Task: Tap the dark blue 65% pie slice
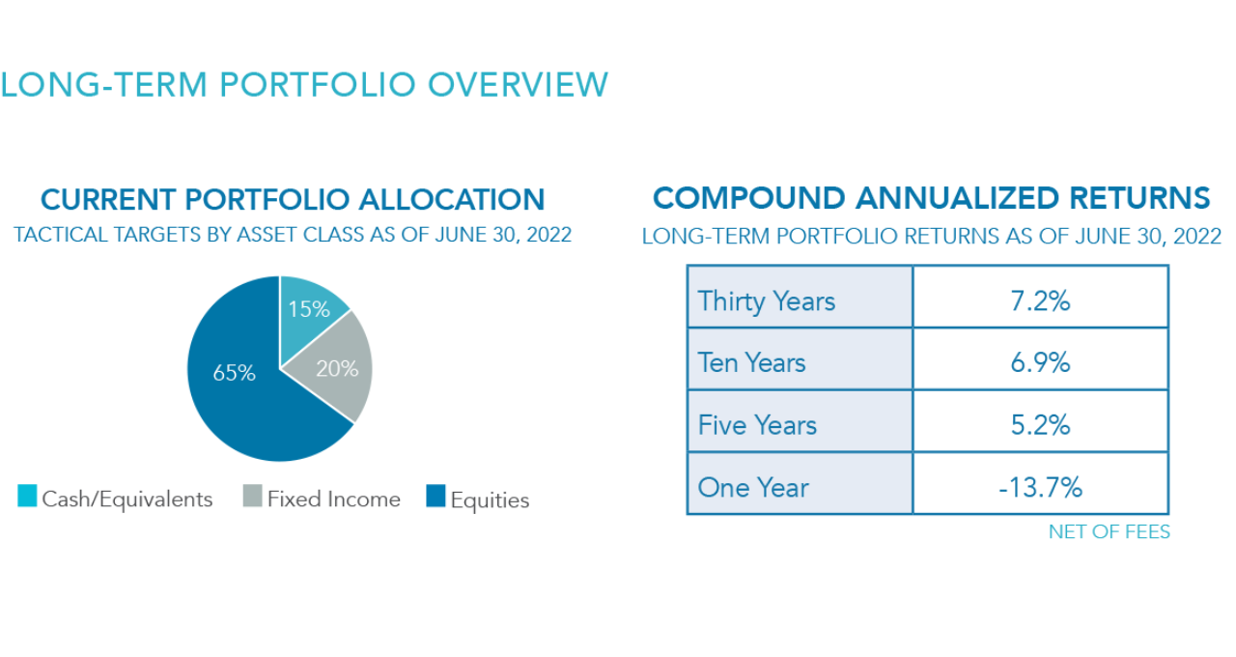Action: [242, 386]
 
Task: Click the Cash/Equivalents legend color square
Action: [27, 496]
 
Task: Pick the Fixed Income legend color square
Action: [252, 496]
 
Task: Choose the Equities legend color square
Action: [435, 496]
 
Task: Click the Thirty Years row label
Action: [767, 301]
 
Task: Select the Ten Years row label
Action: [751, 362]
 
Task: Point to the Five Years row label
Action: [757, 425]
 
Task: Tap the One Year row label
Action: [753, 488]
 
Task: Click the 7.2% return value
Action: [1040, 301]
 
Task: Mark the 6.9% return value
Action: [1040, 362]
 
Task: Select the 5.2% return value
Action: [1040, 425]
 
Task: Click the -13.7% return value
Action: [1040, 488]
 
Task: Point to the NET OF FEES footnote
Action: [1110, 531]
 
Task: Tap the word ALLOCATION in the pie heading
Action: [451, 199]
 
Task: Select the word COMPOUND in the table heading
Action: [748, 198]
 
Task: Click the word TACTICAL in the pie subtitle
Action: [60, 235]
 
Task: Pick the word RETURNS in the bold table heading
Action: [1139, 198]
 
